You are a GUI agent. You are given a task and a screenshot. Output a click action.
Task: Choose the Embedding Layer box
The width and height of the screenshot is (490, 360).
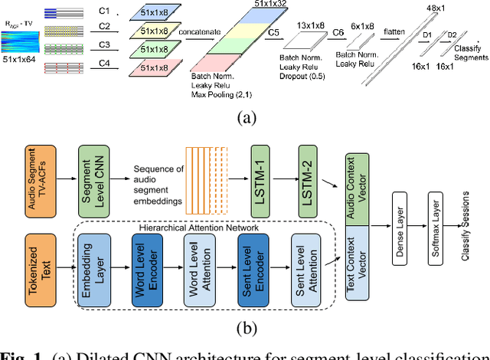tap(90, 270)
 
